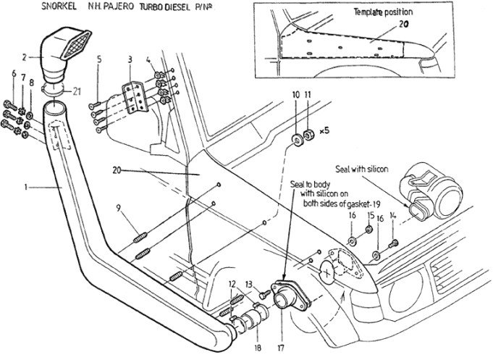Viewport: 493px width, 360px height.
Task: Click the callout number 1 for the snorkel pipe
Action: click(25, 187)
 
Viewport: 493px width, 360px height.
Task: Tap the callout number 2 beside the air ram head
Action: click(24, 55)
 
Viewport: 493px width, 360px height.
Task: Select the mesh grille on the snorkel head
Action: click(76, 46)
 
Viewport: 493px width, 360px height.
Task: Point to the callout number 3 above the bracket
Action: click(129, 59)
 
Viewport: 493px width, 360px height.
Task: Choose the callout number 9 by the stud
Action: click(118, 209)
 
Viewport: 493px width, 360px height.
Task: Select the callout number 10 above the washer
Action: click(295, 95)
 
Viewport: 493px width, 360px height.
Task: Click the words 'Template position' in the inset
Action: click(384, 12)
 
